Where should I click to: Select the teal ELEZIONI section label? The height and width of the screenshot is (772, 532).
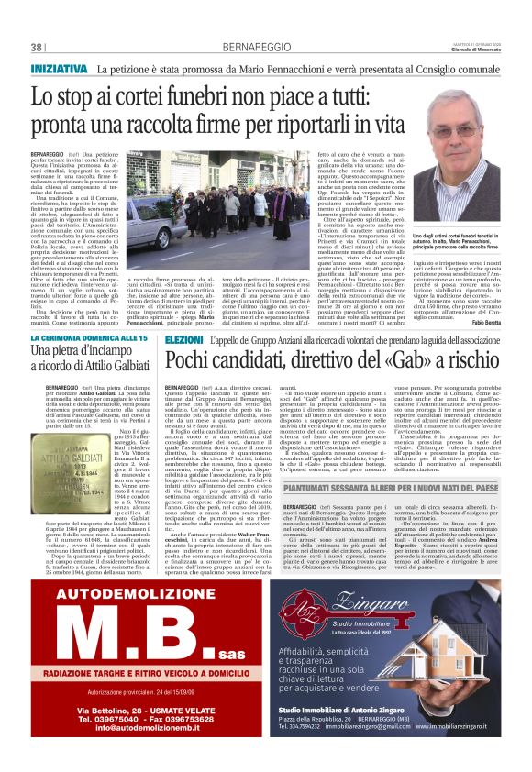(x=186, y=339)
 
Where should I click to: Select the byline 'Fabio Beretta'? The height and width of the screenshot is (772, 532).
(x=493, y=324)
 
